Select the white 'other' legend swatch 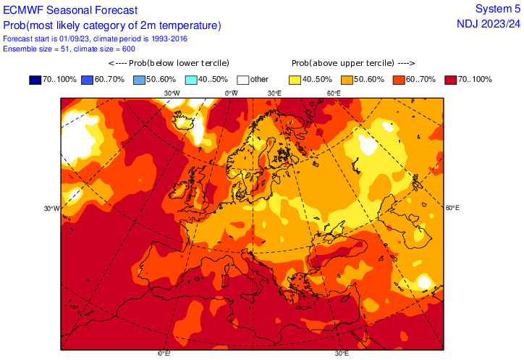tap(242, 79)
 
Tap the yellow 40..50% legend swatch tap(296, 79)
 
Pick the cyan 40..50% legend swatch tap(191, 79)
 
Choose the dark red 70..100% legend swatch tap(452, 79)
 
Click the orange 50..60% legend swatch tap(348, 79)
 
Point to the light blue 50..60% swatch tap(139, 79)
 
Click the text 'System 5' tap(497, 9)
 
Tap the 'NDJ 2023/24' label tap(489, 23)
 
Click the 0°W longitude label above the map tap(232, 93)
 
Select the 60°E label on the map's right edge tap(453, 208)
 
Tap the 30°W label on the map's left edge tap(51, 209)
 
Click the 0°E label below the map tap(164, 353)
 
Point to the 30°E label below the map tap(342, 353)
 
